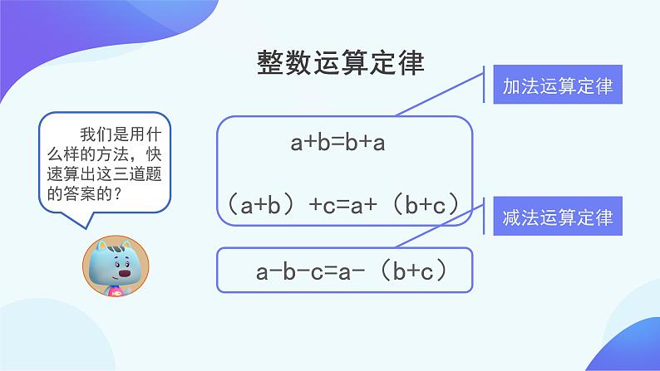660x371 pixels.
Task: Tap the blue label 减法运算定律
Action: (558, 218)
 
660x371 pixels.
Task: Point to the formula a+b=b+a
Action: (337, 143)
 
